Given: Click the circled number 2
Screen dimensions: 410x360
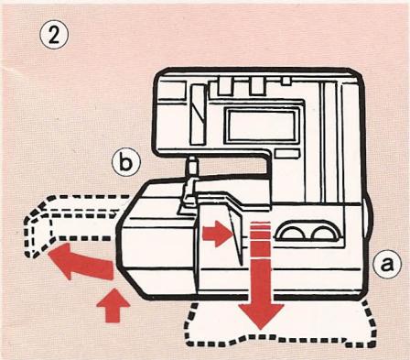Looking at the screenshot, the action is pyautogui.click(x=54, y=36).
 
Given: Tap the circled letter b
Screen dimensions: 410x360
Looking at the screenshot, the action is pyautogui.click(x=126, y=163).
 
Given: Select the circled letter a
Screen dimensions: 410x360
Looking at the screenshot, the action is pyautogui.click(x=387, y=265).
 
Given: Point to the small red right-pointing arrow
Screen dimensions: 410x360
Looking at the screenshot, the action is pyautogui.click(x=216, y=234).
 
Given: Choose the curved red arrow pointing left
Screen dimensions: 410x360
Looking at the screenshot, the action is pyautogui.click(x=80, y=260).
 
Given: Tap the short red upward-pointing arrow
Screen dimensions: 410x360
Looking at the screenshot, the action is pyautogui.click(x=113, y=306).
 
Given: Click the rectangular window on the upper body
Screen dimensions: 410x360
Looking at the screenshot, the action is pyautogui.click(x=262, y=125).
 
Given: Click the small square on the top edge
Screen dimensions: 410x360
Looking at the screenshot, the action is pyautogui.click(x=286, y=81).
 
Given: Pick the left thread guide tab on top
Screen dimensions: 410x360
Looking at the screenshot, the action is pyautogui.click(x=226, y=86).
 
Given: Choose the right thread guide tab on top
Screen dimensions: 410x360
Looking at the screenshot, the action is pyautogui.click(x=256, y=86).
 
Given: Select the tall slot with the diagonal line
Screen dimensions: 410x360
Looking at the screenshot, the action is pyautogui.click(x=197, y=114).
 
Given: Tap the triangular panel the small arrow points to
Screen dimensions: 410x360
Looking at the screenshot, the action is pyautogui.click(x=235, y=235).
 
